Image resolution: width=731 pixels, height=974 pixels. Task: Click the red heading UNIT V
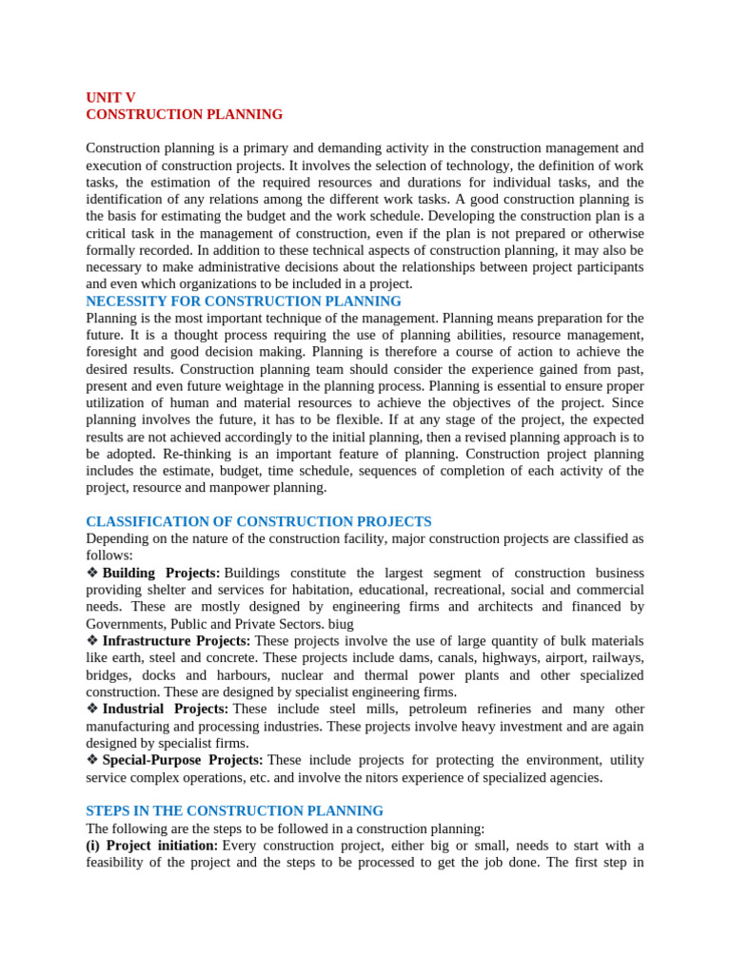click(x=110, y=97)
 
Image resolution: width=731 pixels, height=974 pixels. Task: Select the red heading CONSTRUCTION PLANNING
click(x=184, y=114)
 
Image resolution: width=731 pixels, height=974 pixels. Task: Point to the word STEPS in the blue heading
click(x=107, y=810)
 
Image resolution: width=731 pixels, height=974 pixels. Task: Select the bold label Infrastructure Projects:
click(x=176, y=641)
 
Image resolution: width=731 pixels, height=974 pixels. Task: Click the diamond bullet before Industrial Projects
click(x=92, y=709)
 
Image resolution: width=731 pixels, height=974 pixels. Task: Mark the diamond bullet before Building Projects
click(x=92, y=573)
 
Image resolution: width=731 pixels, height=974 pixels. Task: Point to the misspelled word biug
click(x=341, y=624)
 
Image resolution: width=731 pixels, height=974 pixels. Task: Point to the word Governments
click(x=125, y=624)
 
